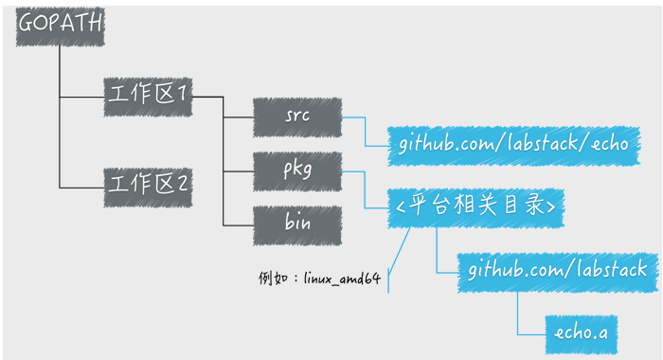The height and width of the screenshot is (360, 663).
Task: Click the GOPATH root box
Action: pos(59,28)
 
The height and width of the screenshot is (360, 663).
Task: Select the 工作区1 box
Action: pos(148,97)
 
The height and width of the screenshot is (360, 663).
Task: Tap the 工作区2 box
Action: pos(148,181)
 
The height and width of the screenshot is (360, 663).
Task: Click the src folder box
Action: pos(296,117)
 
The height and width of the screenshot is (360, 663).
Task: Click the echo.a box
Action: pos(581,332)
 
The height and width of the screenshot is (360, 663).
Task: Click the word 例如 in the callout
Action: pos(272,279)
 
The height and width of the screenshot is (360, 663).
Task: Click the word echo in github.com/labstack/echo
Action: pos(608,144)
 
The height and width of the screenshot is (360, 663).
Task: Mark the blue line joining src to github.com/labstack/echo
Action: pos(365,131)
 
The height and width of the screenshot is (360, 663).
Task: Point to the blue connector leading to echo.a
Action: pos(518,313)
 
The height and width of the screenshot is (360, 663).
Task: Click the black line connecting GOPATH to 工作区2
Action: pos(60,142)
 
